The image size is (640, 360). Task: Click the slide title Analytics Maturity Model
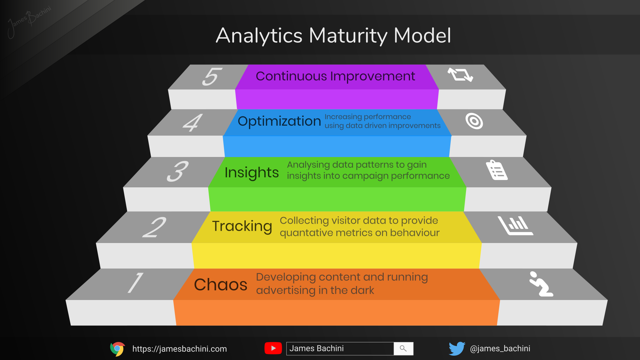coord(333,35)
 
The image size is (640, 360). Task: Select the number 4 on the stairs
coord(193,123)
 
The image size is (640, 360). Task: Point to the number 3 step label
coord(178,171)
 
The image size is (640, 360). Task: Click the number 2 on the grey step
coord(154,227)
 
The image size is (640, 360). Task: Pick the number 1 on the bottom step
coord(135,283)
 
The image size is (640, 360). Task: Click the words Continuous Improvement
coord(335,76)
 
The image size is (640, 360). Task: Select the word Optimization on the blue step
coord(279,121)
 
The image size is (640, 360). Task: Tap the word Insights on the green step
coord(251,173)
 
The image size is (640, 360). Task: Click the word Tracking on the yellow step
coord(242,226)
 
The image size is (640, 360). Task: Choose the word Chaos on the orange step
coord(220,285)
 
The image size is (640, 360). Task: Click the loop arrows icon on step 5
coord(460,75)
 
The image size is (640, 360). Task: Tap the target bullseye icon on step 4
coord(474,121)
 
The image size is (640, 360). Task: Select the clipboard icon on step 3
coord(497,170)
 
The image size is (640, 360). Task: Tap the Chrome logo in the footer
coord(117,349)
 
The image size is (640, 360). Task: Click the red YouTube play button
coord(273,348)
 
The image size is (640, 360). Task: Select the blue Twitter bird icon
coord(457,349)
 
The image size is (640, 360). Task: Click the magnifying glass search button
coord(403,349)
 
